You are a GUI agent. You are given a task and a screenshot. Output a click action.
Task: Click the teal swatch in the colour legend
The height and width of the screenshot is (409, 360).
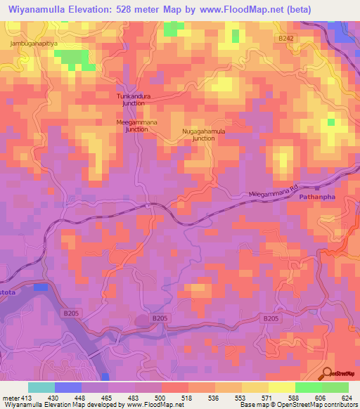(x=41, y=388)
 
